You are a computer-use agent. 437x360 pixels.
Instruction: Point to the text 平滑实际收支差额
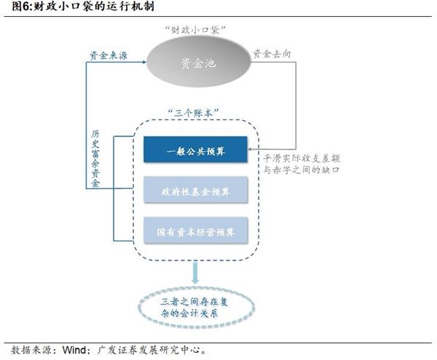pos(305,157)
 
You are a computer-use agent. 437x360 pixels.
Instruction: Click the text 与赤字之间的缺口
pos(305,170)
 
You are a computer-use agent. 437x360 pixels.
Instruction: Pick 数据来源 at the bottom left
pos(29,349)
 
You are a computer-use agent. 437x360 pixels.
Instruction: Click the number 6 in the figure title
pos(26,7)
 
